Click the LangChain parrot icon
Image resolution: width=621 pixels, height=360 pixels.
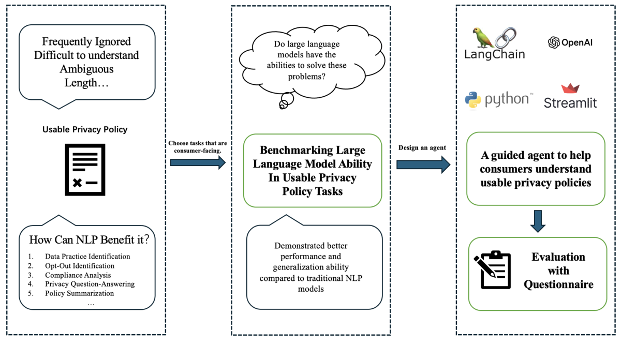[x=483, y=37]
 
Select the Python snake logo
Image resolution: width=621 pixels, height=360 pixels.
[x=473, y=100]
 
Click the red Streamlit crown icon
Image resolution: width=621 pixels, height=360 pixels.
[x=570, y=88]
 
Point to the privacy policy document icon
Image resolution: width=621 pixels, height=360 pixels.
[x=85, y=170]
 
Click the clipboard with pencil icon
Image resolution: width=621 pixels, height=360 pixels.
[x=492, y=269]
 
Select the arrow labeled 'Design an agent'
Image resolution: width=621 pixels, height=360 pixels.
[x=423, y=164]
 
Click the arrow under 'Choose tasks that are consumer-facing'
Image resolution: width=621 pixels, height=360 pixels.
[x=198, y=162]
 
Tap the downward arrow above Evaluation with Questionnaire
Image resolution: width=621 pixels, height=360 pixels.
[x=538, y=221]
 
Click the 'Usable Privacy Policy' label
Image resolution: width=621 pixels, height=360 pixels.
[x=85, y=129]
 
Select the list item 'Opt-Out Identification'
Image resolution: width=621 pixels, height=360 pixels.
[x=80, y=266]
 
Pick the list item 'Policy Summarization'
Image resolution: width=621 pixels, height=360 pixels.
[x=79, y=293]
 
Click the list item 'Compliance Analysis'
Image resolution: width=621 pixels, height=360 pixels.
[x=78, y=275]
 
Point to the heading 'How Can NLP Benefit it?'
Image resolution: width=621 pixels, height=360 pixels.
[x=89, y=239]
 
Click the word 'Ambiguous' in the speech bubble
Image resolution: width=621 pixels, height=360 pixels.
[x=86, y=69]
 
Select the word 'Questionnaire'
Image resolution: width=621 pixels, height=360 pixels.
[x=558, y=284]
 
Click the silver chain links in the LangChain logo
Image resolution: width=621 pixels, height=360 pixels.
[x=506, y=38]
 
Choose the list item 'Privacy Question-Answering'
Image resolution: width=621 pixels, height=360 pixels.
[x=90, y=284]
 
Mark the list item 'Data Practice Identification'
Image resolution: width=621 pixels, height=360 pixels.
[x=87, y=257]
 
